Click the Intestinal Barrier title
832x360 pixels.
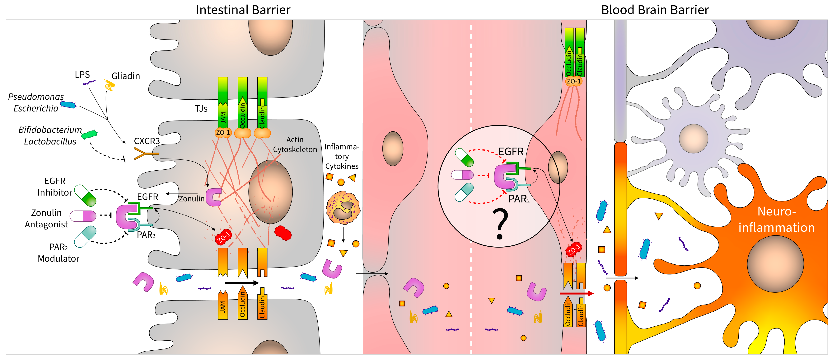[x=243, y=10]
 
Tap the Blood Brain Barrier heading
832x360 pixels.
[x=655, y=10]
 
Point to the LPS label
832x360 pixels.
[x=82, y=75]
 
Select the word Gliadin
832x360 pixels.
[x=126, y=76]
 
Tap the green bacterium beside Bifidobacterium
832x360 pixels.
[x=89, y=135]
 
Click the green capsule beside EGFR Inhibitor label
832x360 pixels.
[x=86, y=196]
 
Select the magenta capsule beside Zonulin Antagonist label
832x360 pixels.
[x=83, y=216]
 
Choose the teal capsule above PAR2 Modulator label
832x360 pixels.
[x=86, y=237]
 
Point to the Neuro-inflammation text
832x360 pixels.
[x=776, y=219]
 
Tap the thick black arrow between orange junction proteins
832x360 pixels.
[x=242, y=283]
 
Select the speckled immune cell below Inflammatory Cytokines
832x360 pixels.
[x=343, y=208]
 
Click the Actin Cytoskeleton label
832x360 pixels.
[x=295, y=144]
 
